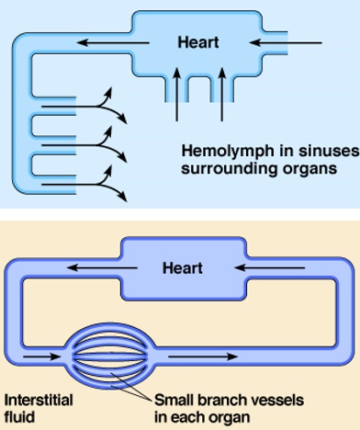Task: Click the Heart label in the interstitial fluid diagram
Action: pos(182,268)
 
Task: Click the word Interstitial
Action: pos(39,401)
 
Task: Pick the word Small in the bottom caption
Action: pos(174,401)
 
